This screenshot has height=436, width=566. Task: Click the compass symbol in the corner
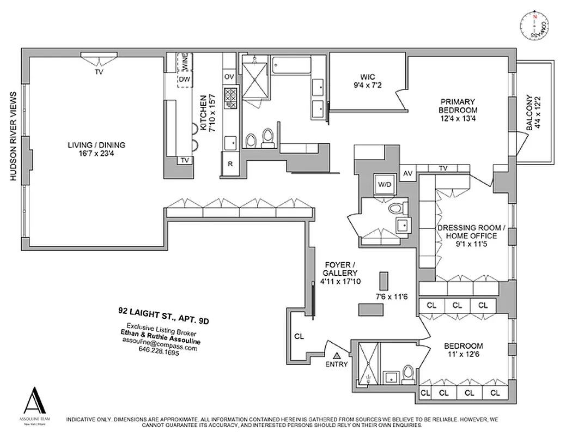534,26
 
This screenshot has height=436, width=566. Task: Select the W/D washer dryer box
385,185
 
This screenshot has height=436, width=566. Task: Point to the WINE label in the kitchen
185,63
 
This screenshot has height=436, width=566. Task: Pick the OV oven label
229,76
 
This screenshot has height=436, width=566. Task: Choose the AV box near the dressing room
407,174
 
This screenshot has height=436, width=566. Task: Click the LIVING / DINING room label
96,149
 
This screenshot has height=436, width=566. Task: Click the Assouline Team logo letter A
36,401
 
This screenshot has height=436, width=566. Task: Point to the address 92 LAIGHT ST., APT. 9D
163,316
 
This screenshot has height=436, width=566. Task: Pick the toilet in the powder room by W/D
395,209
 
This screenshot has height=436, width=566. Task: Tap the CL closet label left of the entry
299,336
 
